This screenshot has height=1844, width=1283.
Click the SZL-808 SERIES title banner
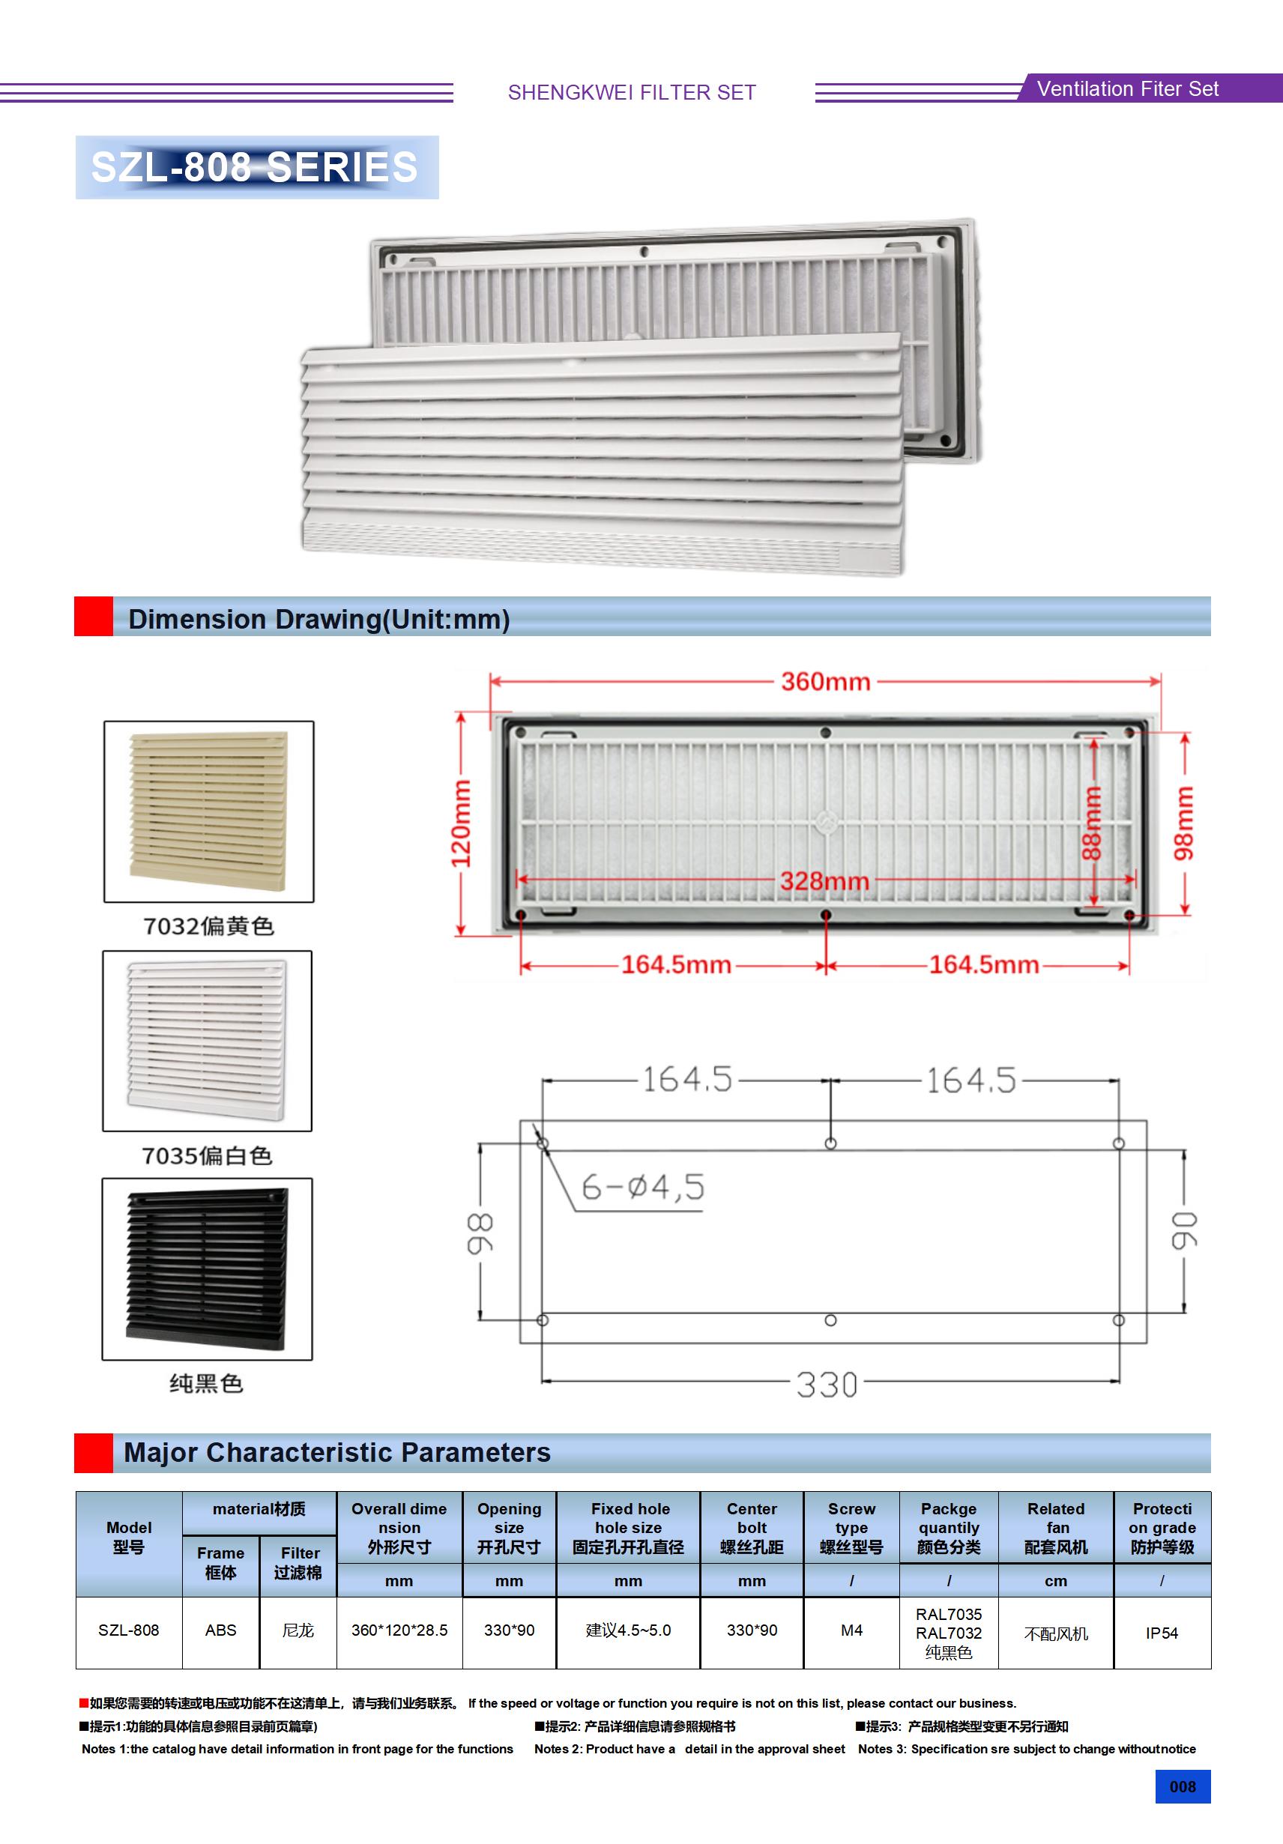256,167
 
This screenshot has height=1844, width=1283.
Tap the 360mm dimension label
825,682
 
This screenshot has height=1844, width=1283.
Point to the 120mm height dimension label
460,823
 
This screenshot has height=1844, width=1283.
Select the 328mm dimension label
824,881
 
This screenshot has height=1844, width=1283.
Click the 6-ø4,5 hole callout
643,1187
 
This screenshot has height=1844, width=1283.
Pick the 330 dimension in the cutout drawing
827,1385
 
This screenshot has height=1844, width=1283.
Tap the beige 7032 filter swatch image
209,811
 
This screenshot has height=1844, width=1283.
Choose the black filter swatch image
208,1269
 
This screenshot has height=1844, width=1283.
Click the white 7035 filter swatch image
208,1041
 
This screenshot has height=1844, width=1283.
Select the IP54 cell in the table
1162,1633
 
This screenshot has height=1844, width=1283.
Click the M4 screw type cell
851,1630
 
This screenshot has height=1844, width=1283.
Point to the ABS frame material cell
221,1630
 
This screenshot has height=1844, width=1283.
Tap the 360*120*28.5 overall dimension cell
399,1630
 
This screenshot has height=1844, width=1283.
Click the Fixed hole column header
628,1528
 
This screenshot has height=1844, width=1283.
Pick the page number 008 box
1183,1787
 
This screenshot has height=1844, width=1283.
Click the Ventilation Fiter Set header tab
1127,88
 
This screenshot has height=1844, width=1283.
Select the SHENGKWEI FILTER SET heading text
632,92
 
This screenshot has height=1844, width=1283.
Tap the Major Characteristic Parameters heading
337,1452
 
